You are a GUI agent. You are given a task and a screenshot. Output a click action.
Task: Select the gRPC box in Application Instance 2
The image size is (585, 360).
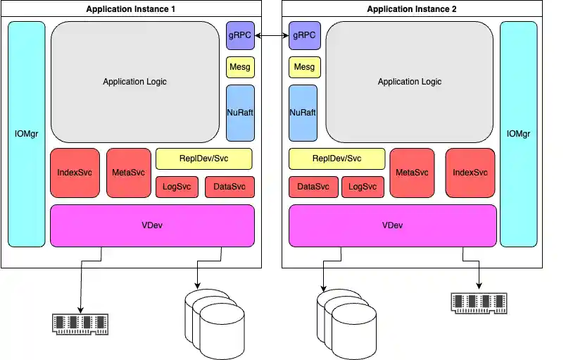tap(304, 35)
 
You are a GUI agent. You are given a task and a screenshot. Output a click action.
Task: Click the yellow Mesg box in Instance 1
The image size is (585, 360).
tap(240, 68)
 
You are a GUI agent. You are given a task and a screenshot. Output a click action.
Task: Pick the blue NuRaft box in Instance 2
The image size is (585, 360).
tap(303, 113)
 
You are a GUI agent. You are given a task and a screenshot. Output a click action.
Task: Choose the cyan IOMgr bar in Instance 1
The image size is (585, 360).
tap(27, 134)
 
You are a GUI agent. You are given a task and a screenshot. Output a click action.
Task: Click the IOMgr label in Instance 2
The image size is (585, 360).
tap(518, 134)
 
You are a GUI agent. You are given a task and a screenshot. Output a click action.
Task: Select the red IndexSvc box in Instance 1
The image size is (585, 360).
tap(75, 173)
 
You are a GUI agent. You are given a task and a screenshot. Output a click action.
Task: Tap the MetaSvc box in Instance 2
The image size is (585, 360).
tap(412, 173)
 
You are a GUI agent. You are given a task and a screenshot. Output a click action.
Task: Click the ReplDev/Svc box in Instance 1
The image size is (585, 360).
tap(203, 159)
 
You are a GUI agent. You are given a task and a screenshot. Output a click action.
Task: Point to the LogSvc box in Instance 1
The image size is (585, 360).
tap(177, 187)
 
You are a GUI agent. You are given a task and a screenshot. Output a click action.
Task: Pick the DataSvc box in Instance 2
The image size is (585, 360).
tap(313, 187)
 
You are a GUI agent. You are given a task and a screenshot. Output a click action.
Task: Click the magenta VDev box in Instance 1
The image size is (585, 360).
tap(152, 225)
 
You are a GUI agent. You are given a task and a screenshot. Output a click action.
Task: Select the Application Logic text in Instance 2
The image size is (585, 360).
tap(410, 82)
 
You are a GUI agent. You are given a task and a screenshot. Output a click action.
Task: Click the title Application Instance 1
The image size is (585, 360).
tap(131, 9)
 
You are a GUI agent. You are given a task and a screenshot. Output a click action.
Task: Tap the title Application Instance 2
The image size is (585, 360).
tap(412, 9)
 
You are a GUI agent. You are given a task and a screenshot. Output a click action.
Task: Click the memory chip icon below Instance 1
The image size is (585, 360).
tap(81, 323)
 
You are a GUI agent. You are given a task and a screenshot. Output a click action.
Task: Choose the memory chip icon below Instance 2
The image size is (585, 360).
tap(479, 302)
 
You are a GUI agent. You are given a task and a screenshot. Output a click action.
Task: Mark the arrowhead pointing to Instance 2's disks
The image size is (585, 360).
tap(323, 288)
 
